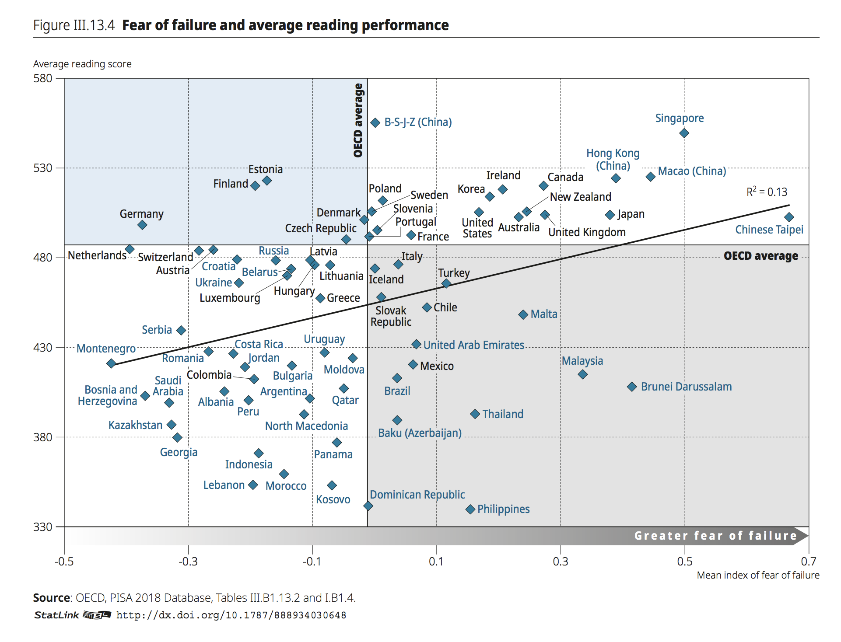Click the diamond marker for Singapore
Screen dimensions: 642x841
coord(684,133)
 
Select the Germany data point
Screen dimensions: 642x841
coord(142,225)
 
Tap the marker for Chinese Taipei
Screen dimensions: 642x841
coord(789,217)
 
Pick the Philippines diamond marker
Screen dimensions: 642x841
coord(470,509)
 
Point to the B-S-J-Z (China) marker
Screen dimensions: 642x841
coord(375,122)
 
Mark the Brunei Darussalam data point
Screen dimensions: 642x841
coord(631,387)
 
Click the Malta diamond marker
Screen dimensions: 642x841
coord(523,314)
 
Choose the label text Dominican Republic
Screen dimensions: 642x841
coord(417,495)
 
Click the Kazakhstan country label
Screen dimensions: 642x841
coord(135,425)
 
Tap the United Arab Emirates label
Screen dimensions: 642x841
coord(473,345)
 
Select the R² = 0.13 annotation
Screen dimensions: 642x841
coord(767,192)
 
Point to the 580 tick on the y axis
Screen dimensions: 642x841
coord(43,78)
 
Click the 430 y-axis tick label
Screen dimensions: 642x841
coord(43,348)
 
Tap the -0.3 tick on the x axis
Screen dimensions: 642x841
coord(188,561)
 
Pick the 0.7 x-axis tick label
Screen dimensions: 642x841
coord(808,561)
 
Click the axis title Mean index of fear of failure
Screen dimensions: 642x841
coord(758,576)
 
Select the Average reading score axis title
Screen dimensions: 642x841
coord(82,64)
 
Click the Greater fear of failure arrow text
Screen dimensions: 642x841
coord(715,536)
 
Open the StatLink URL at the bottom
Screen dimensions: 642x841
coord(231,615)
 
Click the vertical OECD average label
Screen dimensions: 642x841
coord(358,120)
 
